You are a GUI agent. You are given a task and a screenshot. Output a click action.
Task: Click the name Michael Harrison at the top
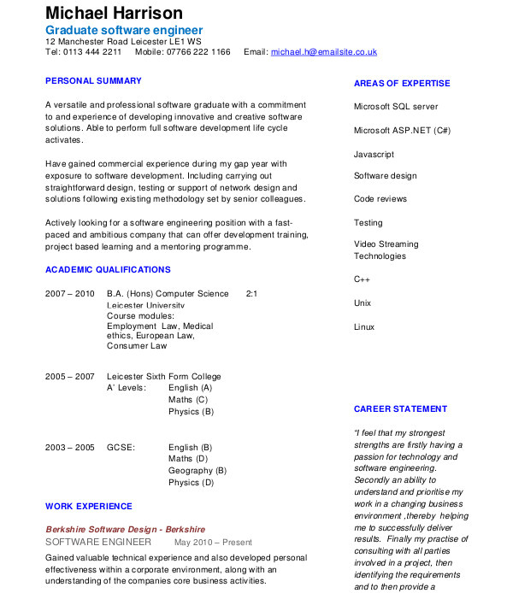[x=114, y=13]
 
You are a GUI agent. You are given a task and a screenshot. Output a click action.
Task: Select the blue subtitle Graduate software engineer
[x=124, y=30]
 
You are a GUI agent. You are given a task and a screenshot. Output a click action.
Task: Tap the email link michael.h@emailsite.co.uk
[x=324, y=52]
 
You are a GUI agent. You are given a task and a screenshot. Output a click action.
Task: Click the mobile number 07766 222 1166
[x=199, y=52]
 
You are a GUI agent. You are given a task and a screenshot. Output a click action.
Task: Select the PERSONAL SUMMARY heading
[x=93, y=81]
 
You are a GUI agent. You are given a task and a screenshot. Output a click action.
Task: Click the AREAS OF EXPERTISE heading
[x=402, y=84]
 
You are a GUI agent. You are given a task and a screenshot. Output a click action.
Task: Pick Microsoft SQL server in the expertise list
[x=396, y=107]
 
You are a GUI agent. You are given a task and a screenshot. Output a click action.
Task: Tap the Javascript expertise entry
[x=374, y=155]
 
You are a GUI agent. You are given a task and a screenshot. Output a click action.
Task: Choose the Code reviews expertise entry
[x=380, y=199]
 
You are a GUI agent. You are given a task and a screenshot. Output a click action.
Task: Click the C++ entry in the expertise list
[x=362, y=279]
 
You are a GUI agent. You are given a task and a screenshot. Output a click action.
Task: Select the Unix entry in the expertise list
[x=363, y=303]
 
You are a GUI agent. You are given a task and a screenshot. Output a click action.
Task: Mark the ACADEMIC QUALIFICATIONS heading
[x=108, y=270]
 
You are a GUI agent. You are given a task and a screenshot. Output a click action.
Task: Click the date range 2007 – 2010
[x=70, y=294]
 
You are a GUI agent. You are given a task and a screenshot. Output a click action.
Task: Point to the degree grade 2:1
[x=251, y=294]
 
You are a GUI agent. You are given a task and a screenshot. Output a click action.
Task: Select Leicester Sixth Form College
[x=163, y=377]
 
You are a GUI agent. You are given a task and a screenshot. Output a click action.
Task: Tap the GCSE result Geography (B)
[x=198, y=471]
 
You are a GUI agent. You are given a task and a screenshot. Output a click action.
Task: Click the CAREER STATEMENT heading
[x=400, y=409]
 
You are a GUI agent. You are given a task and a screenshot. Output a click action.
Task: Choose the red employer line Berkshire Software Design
[x=125, y=530]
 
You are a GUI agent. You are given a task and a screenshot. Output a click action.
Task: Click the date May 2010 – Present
[x=213, y=543]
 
